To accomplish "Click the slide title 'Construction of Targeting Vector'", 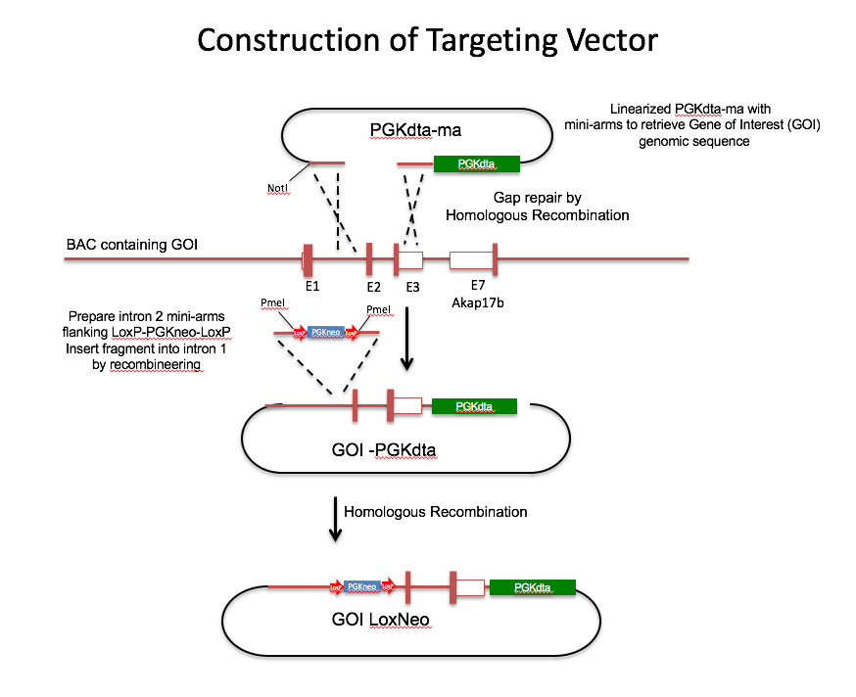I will (x=427, y=40).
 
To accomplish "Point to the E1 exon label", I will (x=311, y=287).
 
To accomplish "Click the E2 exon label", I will (x=373, y=287).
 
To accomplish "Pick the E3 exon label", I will (x=412, y=287).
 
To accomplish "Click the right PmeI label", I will (x=377, y=310).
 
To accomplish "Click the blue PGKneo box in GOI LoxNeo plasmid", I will (x=361, y=586).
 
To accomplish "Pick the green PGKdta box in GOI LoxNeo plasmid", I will (x=532, y=587).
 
